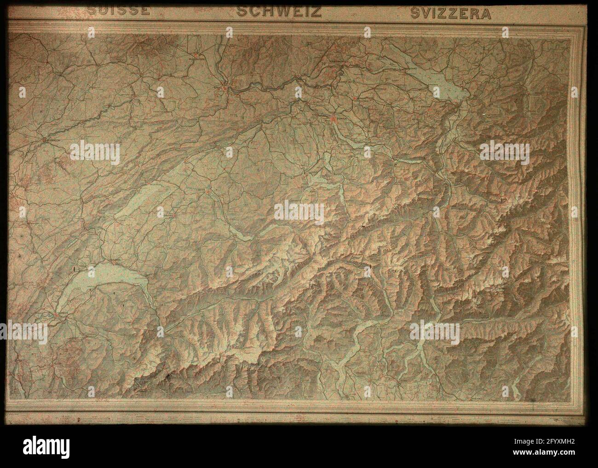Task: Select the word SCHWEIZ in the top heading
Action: pyautogui.click(x=279, y=11)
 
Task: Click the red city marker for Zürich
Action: pyautogui.click(x=333, y=119)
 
